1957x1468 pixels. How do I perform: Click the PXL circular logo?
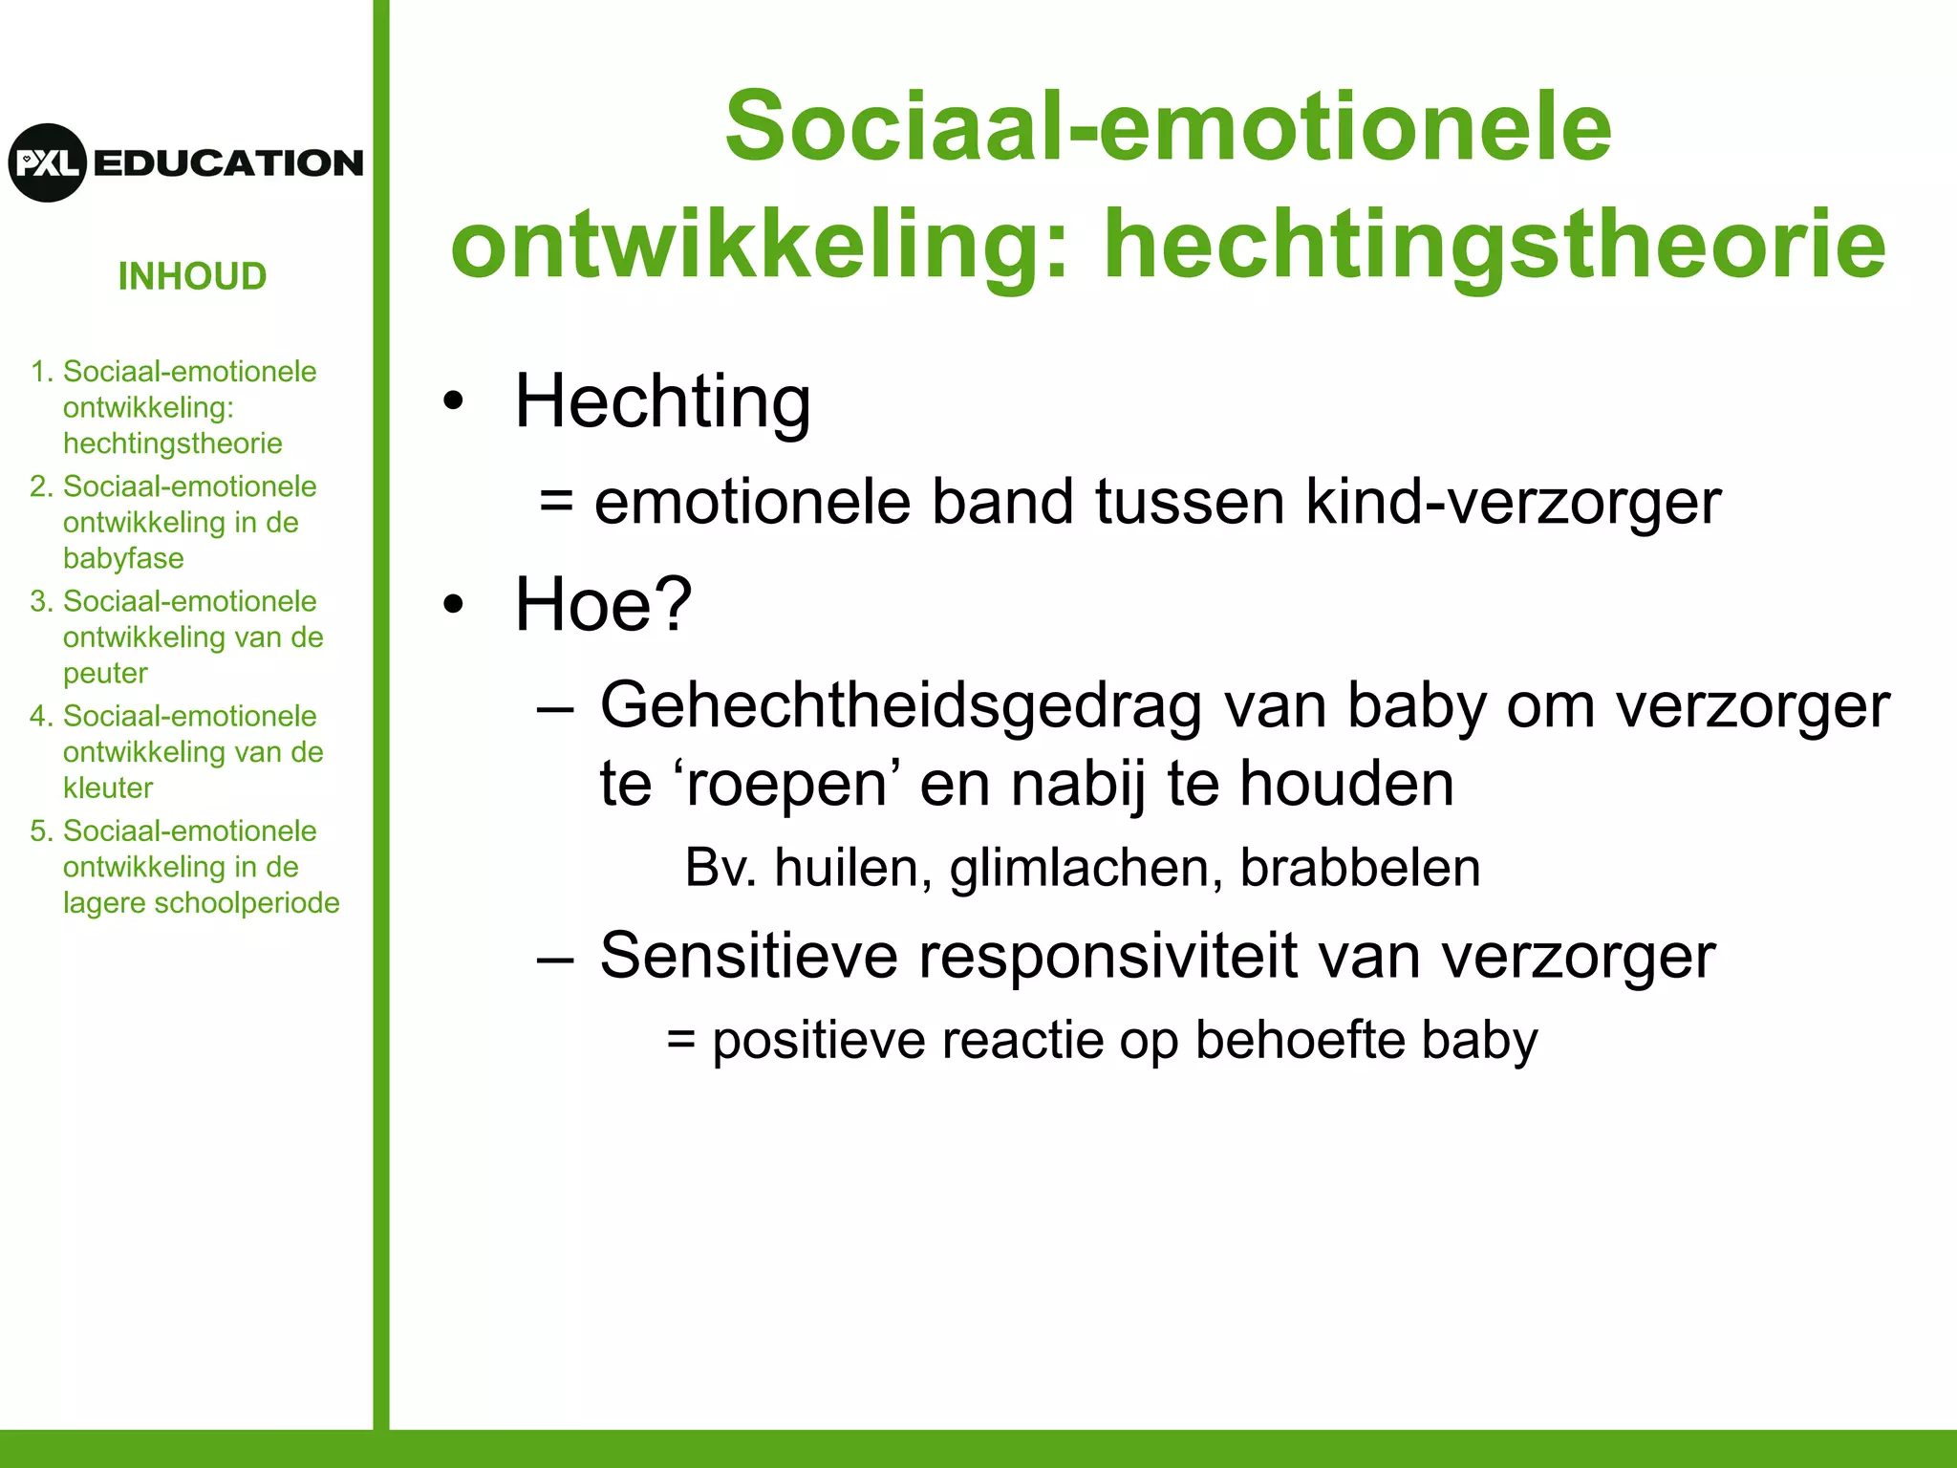click(x=48, y=162)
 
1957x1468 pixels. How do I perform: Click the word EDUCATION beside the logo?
click(x=228, y=163)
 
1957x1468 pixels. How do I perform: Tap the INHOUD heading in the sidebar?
click(x=192, y=276)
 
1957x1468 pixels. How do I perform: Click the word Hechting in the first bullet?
click(x=662, y=401)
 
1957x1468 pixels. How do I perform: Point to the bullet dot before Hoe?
click(x=453, y=604)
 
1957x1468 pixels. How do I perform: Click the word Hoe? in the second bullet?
click(x=602, y=604)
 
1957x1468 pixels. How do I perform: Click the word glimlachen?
click(x=1086, y=868)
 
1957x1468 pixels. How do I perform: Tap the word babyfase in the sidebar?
click(x=123, y=558)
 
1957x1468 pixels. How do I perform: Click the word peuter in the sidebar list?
click(x=105, y=673)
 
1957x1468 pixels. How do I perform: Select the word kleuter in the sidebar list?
click(x=108, y=788)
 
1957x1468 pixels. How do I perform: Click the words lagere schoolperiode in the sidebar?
click(x=201, y=902)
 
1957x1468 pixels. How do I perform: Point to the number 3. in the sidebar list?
click(x=40, y=601)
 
